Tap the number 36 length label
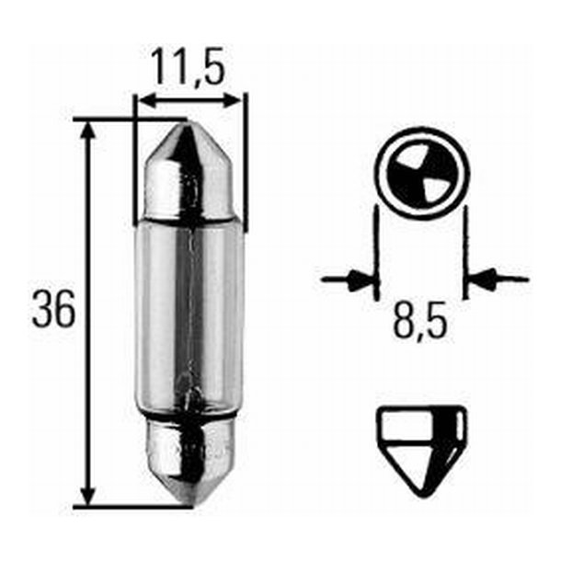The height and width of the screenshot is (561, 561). click(x=53, y=312)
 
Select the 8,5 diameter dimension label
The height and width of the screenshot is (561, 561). click(x=422, y=323)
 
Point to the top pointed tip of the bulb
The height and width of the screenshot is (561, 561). click(x=189, y=127)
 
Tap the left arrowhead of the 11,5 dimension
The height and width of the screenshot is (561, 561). click(x=143, y=98)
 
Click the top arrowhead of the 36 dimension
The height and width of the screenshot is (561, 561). click(x=88, y=129)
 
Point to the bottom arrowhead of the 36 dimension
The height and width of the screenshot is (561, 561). click(x=88, y=495)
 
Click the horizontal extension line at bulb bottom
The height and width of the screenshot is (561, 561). click(x=129, y=505)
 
